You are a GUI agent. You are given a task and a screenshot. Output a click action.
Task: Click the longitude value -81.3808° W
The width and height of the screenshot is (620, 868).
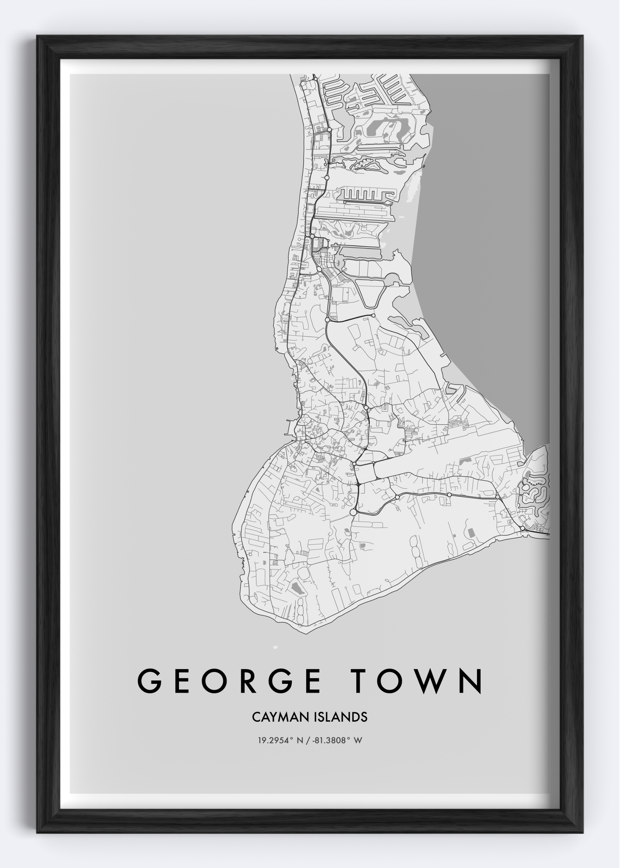coord(339,741)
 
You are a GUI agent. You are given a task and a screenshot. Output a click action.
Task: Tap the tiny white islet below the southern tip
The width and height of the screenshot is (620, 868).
coord(275,647)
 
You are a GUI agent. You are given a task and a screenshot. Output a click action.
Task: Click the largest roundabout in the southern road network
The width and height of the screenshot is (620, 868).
coord(353,512)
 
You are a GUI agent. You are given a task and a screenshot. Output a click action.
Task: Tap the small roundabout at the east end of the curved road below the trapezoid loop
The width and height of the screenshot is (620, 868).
coord(373,316)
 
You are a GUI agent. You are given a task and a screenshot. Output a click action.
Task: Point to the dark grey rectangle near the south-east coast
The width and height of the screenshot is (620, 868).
coord(471,533)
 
